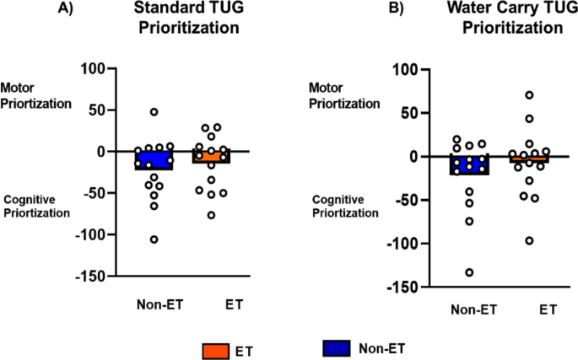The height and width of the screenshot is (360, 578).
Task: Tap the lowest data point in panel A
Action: pos(154,239)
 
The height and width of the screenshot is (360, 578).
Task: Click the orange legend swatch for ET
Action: pos(214,347)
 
